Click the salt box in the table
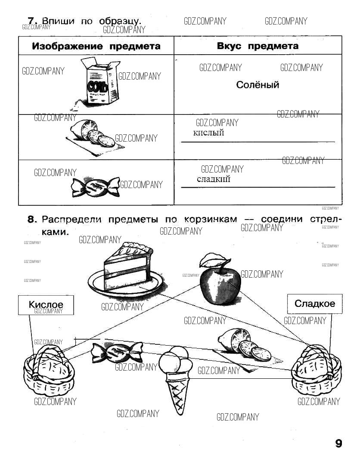(99, 82)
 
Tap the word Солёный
(258, 85)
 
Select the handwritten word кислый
(209, 133)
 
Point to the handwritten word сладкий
(214, 179)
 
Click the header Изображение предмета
(96, 46)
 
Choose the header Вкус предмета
(258, 46)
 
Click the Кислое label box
(46, 305)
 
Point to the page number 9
(338, 443)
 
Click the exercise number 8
(31, 220)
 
